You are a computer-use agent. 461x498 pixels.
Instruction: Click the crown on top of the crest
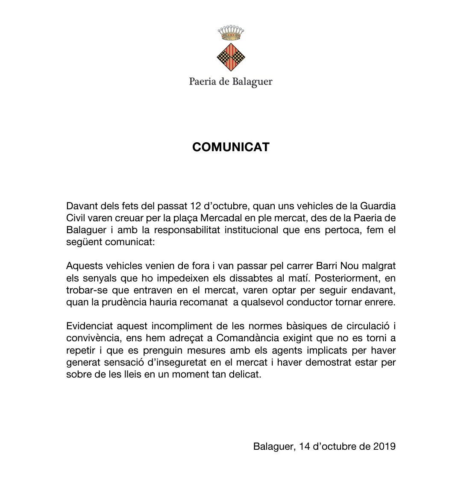tap(231, 32)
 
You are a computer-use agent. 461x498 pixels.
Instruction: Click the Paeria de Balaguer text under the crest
tap(231, 82)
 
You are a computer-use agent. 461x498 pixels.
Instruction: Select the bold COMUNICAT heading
tap(231, 147)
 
